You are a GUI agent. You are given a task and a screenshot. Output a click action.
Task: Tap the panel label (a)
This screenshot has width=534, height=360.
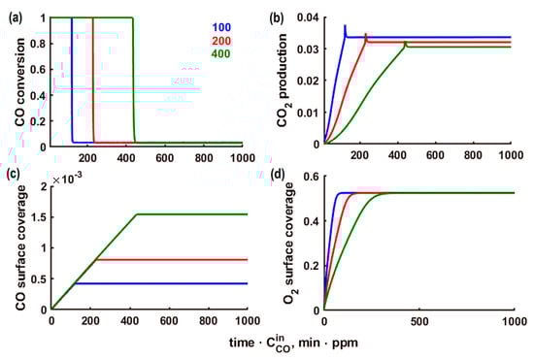pyautogui.click(x=11, y=11)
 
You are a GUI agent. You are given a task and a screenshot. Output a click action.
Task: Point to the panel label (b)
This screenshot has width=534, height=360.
pyautogui.click(x=278, y=11)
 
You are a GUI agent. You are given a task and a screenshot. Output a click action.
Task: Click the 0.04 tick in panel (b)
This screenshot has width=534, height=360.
pyautogui.click(x=308, y=17)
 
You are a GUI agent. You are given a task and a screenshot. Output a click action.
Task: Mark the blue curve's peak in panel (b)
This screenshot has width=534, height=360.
pyautogui.click(x=345, y=26)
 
